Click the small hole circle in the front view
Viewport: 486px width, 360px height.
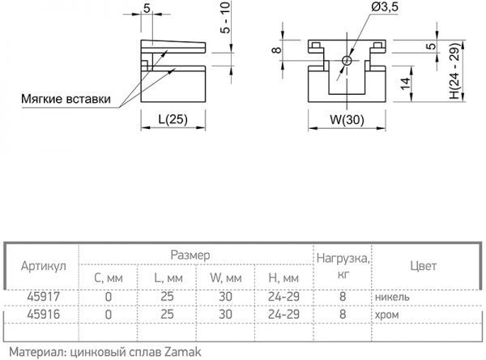[346, 60]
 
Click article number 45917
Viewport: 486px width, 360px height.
[41, 297]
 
